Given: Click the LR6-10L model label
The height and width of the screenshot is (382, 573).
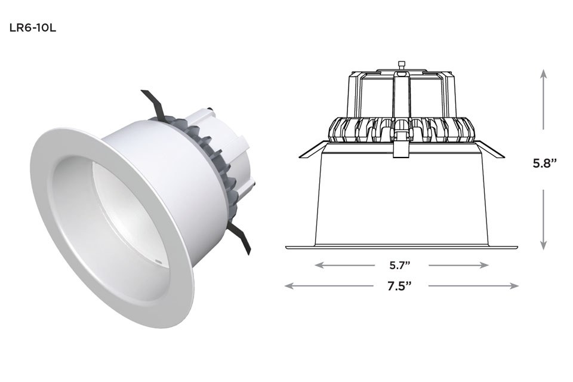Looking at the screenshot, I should click(32, 29).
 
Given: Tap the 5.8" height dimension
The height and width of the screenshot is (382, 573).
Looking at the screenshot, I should click(544, 164).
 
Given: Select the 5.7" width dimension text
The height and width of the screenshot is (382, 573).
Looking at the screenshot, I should click(401, 264).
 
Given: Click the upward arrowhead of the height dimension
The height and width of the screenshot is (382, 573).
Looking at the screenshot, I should click(544, 73).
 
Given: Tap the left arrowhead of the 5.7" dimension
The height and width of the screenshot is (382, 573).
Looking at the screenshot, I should click(319, 264).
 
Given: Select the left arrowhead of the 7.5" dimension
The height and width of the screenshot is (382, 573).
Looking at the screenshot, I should click(289, 286).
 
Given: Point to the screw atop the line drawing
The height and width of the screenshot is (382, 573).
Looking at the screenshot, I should click(401, 64).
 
